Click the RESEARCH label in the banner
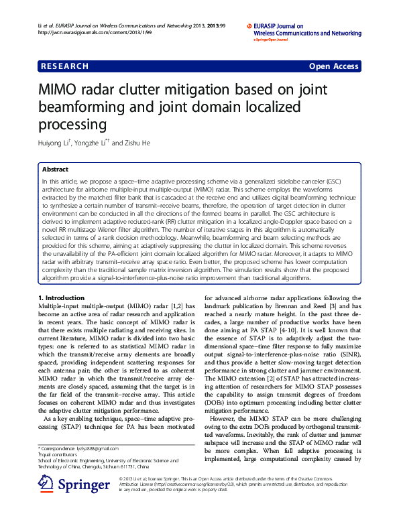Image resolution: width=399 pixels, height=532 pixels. point(65,66)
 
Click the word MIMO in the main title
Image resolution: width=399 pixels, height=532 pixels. point(62,90)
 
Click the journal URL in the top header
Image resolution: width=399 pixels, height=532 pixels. point(81,32)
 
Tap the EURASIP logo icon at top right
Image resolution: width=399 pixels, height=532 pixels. point(249,24)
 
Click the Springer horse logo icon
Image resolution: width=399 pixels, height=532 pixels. point(46,484)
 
